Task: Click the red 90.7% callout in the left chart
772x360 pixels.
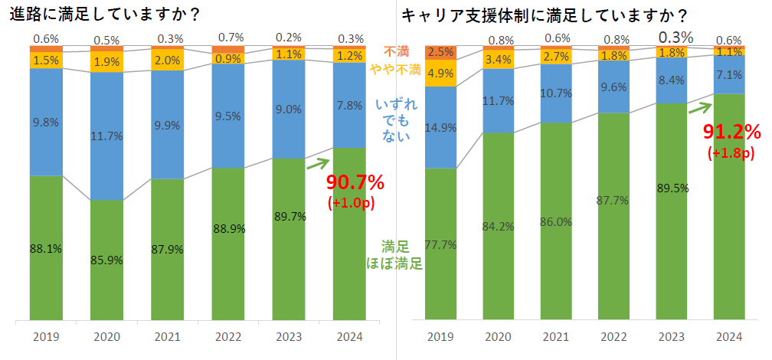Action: [355, 184]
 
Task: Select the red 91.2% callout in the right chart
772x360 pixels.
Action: [731, 133]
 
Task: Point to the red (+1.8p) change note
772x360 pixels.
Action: [731, 153]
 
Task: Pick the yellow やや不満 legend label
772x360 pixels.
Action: [394, 70]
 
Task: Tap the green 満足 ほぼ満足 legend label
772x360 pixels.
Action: [395, 255]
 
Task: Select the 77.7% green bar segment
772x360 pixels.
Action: [440, 244]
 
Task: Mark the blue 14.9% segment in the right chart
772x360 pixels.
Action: [440, 127]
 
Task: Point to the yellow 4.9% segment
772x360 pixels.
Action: [440, 74]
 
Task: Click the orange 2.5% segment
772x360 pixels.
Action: [440, 52]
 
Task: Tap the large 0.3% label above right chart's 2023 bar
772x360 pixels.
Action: [675, 37]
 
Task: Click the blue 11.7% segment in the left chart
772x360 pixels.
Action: [106, 136]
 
